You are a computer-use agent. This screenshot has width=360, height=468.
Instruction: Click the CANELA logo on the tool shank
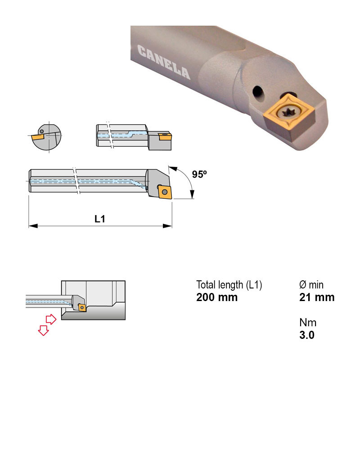(x=164, y=62)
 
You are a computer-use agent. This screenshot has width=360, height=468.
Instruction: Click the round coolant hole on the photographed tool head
(x=258, y=92)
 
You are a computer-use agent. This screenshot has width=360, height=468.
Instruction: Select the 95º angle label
(x=199, y=174)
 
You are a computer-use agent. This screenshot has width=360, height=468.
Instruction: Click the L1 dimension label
(x=100, y=219)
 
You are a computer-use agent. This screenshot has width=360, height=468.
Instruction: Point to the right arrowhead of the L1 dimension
(x=167, y=226)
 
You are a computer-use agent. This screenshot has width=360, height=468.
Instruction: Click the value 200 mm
(x=217, y=297)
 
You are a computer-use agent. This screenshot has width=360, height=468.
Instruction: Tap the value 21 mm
(x=317, y=297)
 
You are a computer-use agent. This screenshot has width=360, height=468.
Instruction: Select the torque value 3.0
(x=307, y=335)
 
